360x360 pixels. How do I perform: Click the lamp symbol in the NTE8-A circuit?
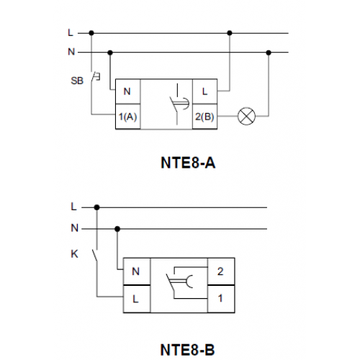(x=246, y=116)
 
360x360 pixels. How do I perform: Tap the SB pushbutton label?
(x=77, y=81)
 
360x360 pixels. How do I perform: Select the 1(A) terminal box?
(x=128, y=117)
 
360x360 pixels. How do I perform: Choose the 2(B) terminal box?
(x=204, y=117)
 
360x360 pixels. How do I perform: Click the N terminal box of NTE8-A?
(x=128, y=91)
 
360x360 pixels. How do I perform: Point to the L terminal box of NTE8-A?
(x=204, y=91)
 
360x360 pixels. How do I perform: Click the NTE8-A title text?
(x=188, y=163)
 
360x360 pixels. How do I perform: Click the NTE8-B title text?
(x=187, y=350)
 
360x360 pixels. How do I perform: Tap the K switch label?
(x=75, y=254)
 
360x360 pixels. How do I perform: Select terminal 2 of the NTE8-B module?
(x=221, y=271)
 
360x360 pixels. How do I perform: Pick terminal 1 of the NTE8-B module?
(x=221, y=299)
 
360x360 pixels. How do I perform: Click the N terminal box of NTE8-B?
(x=137, y=271)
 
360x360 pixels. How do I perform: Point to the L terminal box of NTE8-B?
(x=137, y=299)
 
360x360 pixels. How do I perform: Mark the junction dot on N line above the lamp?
(x=269, y=53)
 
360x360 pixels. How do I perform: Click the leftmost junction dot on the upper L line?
(x=91, y=33)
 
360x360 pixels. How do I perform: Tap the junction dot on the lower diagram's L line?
(x=96, y=207)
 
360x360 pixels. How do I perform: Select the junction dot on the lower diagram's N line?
(x=117, y=229)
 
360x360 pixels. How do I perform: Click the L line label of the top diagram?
(x=71, y=32)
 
